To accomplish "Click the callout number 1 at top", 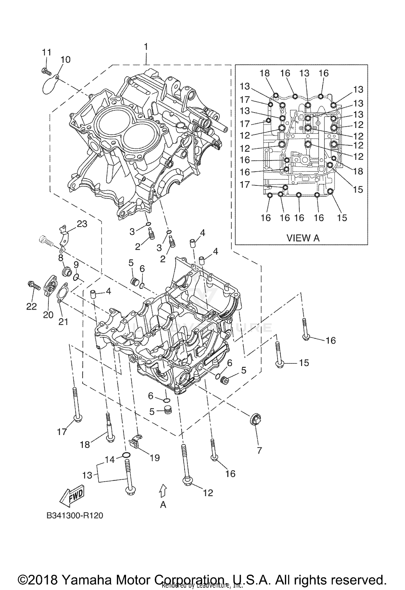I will click(146, 47).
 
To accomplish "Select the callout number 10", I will click(65, 59).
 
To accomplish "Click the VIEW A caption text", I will click(303, 238).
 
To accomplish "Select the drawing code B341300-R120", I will click(75, 515).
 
